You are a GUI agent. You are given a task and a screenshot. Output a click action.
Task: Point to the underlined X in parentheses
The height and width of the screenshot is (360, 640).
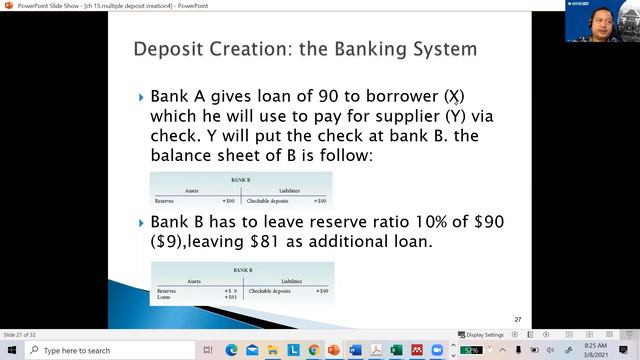point(455,97)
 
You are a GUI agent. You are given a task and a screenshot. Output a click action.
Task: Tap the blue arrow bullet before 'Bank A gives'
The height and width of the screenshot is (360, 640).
point(141,98)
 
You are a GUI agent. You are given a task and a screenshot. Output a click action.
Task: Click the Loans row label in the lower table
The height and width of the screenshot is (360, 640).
point(165,297)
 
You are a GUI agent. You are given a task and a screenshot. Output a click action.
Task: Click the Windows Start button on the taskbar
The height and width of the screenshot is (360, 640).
point(9,350)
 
